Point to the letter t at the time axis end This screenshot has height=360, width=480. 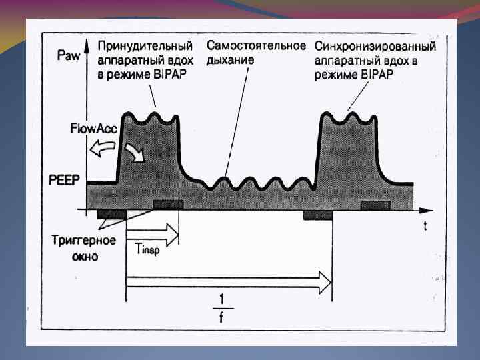[x=425, y=226]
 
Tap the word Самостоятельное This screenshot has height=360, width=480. [x=256, y=46]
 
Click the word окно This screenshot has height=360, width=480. [x=85, y=256]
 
